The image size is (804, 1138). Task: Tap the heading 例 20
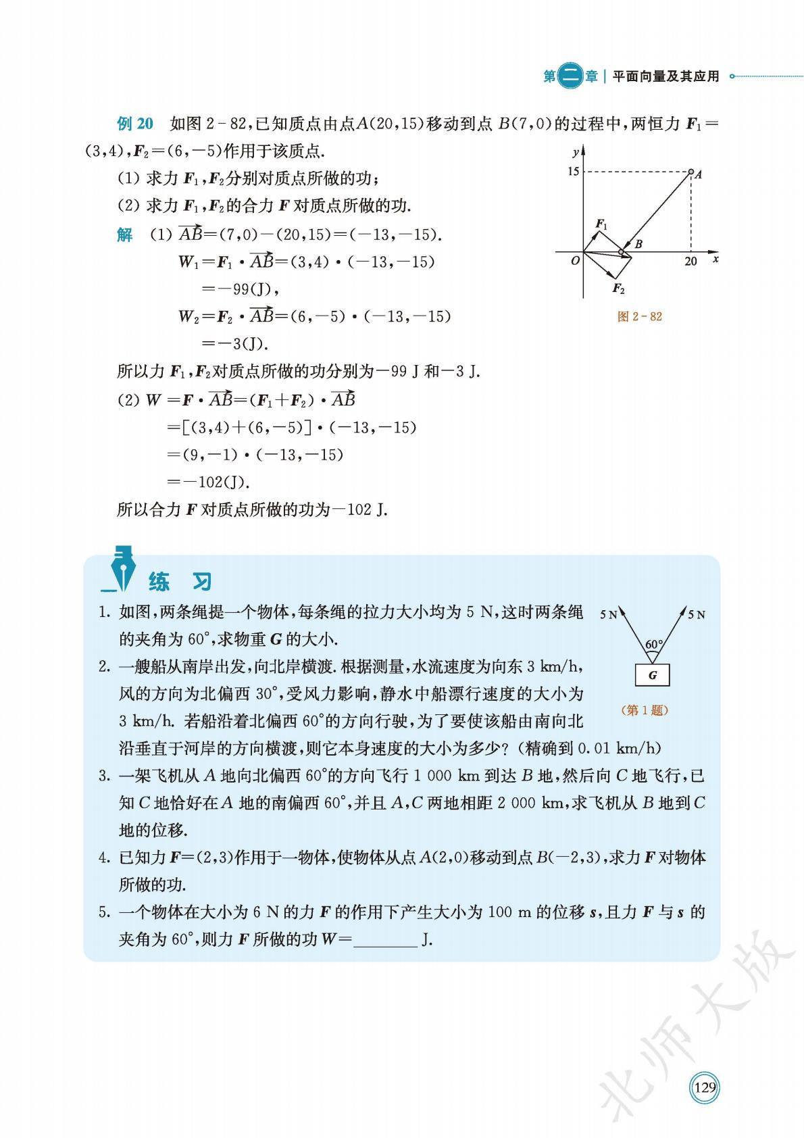tap(135, 124)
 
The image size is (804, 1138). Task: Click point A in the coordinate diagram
tap(691, 172)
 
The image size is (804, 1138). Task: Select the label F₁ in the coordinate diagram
tap(601, 224)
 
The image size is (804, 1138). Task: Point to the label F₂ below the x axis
tap(618, 289)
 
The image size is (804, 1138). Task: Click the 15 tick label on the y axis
tap(573, 172)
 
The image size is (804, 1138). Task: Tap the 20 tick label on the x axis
tap(690, 262)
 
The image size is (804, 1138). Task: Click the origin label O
tap(575, 261)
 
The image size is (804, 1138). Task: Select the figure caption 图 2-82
tap(639, 316)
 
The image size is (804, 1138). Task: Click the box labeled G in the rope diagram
tap(653, 675)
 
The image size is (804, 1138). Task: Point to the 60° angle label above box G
tap(653, 644)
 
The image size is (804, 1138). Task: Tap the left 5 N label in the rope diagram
tap(608, 614)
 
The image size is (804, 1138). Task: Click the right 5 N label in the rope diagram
tap(697, 614)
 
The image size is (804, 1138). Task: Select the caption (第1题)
tap(643, 710)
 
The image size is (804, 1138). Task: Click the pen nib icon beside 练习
tap(122, 568)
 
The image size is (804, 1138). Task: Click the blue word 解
tap(125, 234)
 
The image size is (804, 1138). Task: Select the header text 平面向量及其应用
tap(665, 76)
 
